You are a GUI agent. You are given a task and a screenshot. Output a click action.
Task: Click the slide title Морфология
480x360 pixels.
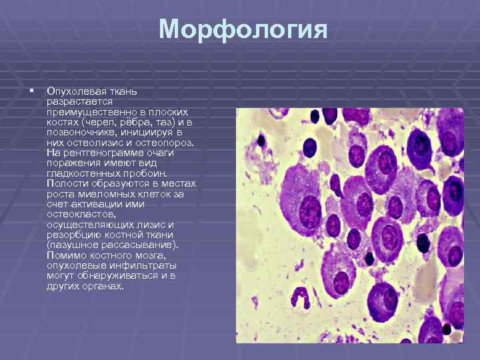(x=243, y=30)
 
